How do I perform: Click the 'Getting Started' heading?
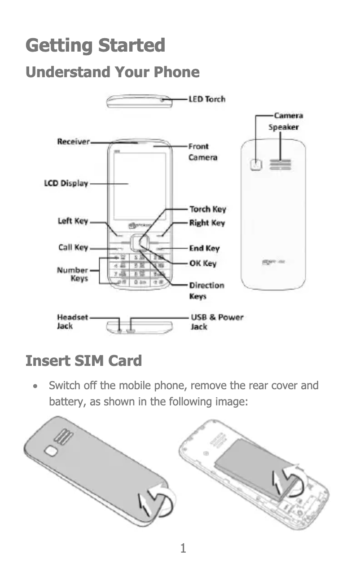tap(95, 46)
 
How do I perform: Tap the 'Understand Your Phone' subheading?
tap(112, 72)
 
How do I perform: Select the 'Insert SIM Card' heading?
tap(83, 360)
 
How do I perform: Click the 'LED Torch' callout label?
tap(206, 99)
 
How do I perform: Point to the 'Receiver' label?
tap(74, 142)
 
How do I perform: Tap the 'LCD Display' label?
tap(66, 183)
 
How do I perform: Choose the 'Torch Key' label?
tap(207, 209)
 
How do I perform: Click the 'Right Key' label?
tap(206, 223)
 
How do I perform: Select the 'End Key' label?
tap(204, 248)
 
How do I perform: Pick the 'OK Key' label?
tap(202, 264)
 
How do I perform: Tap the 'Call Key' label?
tap(73, 247)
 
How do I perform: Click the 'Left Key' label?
tap(73, 221)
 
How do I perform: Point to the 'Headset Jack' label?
tap(72, 321)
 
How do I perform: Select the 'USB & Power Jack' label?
tap(217, 321)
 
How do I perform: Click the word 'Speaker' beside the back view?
tap(283, 127)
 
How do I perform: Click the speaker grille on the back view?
tap(280, 165)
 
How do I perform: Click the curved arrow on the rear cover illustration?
tap(161, 501)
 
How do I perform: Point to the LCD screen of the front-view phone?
tap(133, 186)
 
